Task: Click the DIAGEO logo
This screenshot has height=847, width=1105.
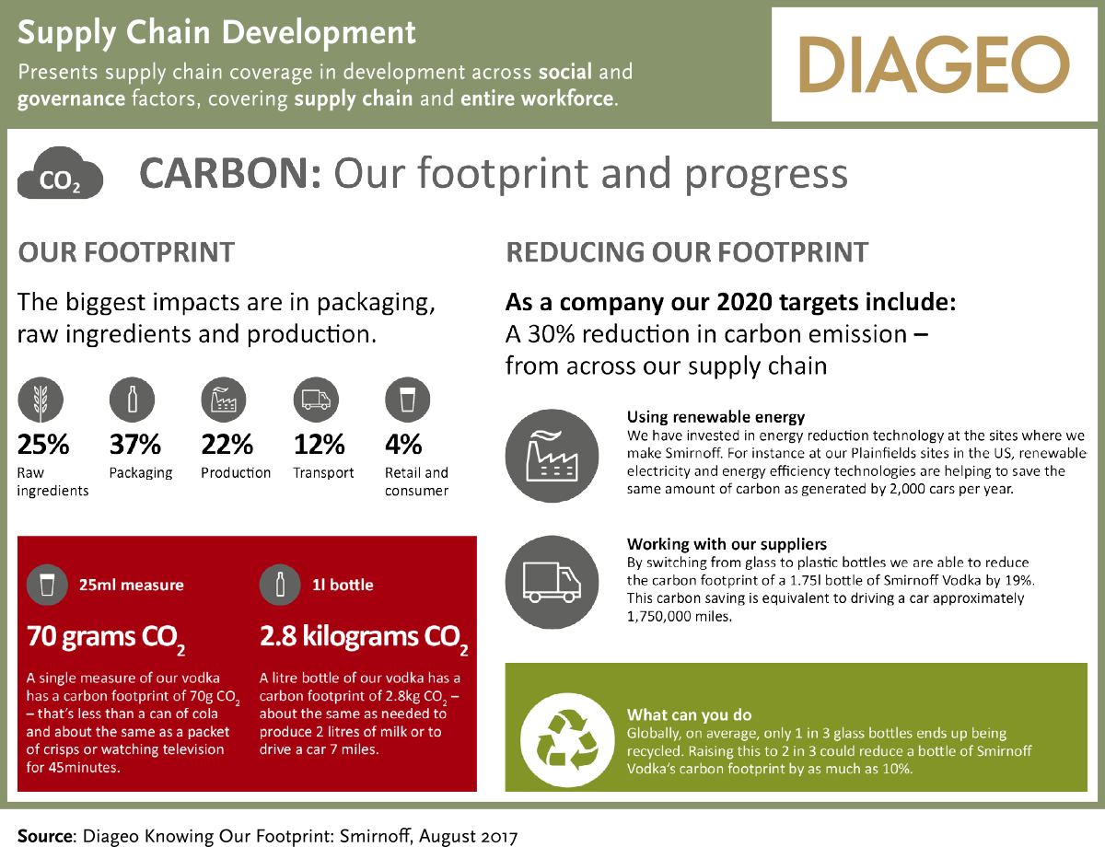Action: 934,64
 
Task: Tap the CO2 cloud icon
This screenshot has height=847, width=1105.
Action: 60,173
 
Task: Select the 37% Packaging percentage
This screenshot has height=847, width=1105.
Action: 134,445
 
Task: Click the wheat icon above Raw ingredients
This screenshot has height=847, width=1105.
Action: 41,400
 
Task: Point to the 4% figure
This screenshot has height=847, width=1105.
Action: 403,445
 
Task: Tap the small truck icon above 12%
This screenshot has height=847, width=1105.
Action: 316,400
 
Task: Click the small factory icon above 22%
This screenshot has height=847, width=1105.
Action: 224,400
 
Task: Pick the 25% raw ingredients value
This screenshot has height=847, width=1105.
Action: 43,445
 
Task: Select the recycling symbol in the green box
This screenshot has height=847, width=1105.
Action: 567,739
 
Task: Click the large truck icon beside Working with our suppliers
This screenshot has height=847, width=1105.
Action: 552,582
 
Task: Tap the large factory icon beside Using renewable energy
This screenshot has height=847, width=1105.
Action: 552,456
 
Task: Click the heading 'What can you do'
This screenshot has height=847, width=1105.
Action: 689,714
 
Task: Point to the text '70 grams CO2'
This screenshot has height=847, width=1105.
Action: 106,638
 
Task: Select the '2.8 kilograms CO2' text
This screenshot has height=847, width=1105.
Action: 364,638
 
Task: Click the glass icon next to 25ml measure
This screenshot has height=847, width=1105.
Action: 47,585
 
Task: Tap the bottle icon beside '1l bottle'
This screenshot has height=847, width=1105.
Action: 280,585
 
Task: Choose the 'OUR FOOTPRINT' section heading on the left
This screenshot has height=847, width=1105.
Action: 126,252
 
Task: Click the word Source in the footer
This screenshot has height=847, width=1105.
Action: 46,836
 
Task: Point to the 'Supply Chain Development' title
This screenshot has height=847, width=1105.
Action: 216,33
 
